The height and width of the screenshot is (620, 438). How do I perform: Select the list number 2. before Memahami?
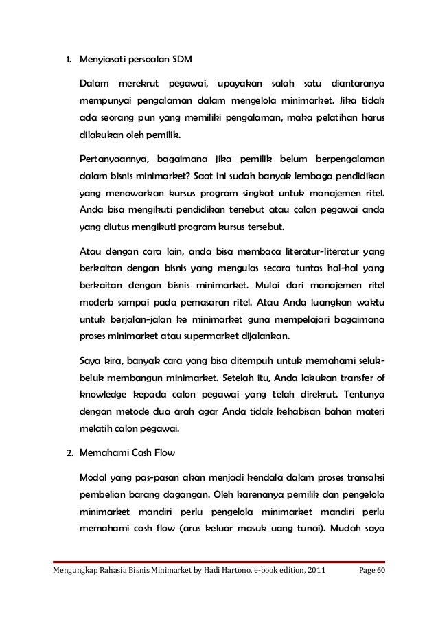pos(69,455)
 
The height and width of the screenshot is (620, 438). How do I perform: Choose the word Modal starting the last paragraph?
pos(95,479)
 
